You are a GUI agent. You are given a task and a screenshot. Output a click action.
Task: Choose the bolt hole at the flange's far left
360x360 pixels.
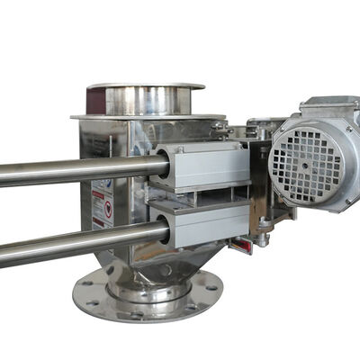pyautogui.click(x=85, y=290)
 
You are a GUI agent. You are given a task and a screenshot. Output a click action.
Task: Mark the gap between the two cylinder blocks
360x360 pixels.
pyautogui.click(x=202, y=194)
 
